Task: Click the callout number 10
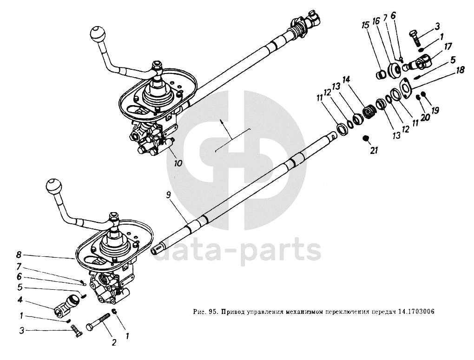tap(178, 163)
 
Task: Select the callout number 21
tap(374, 150)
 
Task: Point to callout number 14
tap(346, 80)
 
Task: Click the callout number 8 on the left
tap(19, 255)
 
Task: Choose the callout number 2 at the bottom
tap(114, 343)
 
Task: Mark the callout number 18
tap(461, 71)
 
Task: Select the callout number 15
tap(365, 25)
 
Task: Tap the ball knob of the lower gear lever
tap(53, 186)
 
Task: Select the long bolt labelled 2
tap(99, 321)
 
